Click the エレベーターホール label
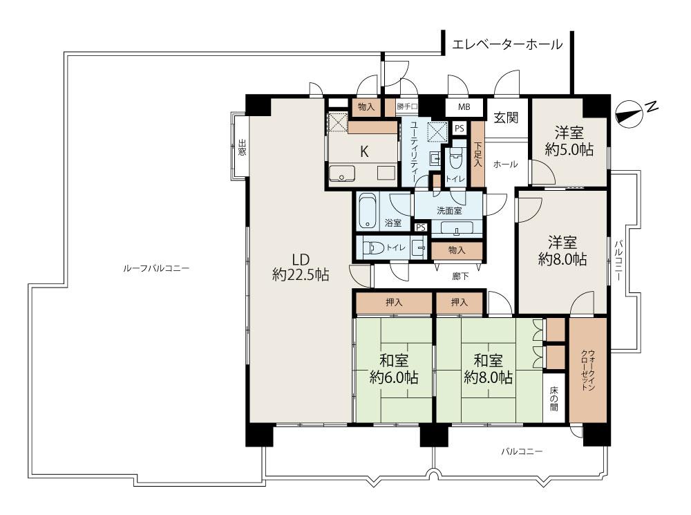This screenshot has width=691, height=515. [507, 44]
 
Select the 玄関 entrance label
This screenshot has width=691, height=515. [506, 118]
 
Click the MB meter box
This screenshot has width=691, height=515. [464, 106]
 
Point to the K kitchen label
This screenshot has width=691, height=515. [364, 151]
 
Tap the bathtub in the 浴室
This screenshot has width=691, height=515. [367, 212]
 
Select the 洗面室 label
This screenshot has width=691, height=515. [449, 212]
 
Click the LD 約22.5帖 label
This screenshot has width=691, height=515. [301, 268]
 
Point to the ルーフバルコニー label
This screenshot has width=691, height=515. [156, 268]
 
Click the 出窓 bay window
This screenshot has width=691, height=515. [241, 147]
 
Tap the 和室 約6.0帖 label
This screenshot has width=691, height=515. [394, 368]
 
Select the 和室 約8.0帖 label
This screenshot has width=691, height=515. [488, 368]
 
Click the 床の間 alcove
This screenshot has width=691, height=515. [553, 398]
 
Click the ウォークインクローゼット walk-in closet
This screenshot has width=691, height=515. [588, 370]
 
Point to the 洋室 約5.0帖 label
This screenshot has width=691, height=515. [569, 140]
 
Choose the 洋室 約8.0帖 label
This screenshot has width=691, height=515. [562, 250]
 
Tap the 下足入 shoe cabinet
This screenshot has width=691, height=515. [477, 154]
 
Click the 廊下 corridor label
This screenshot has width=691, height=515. [460, 277]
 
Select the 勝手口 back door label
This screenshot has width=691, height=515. [406, 106]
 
